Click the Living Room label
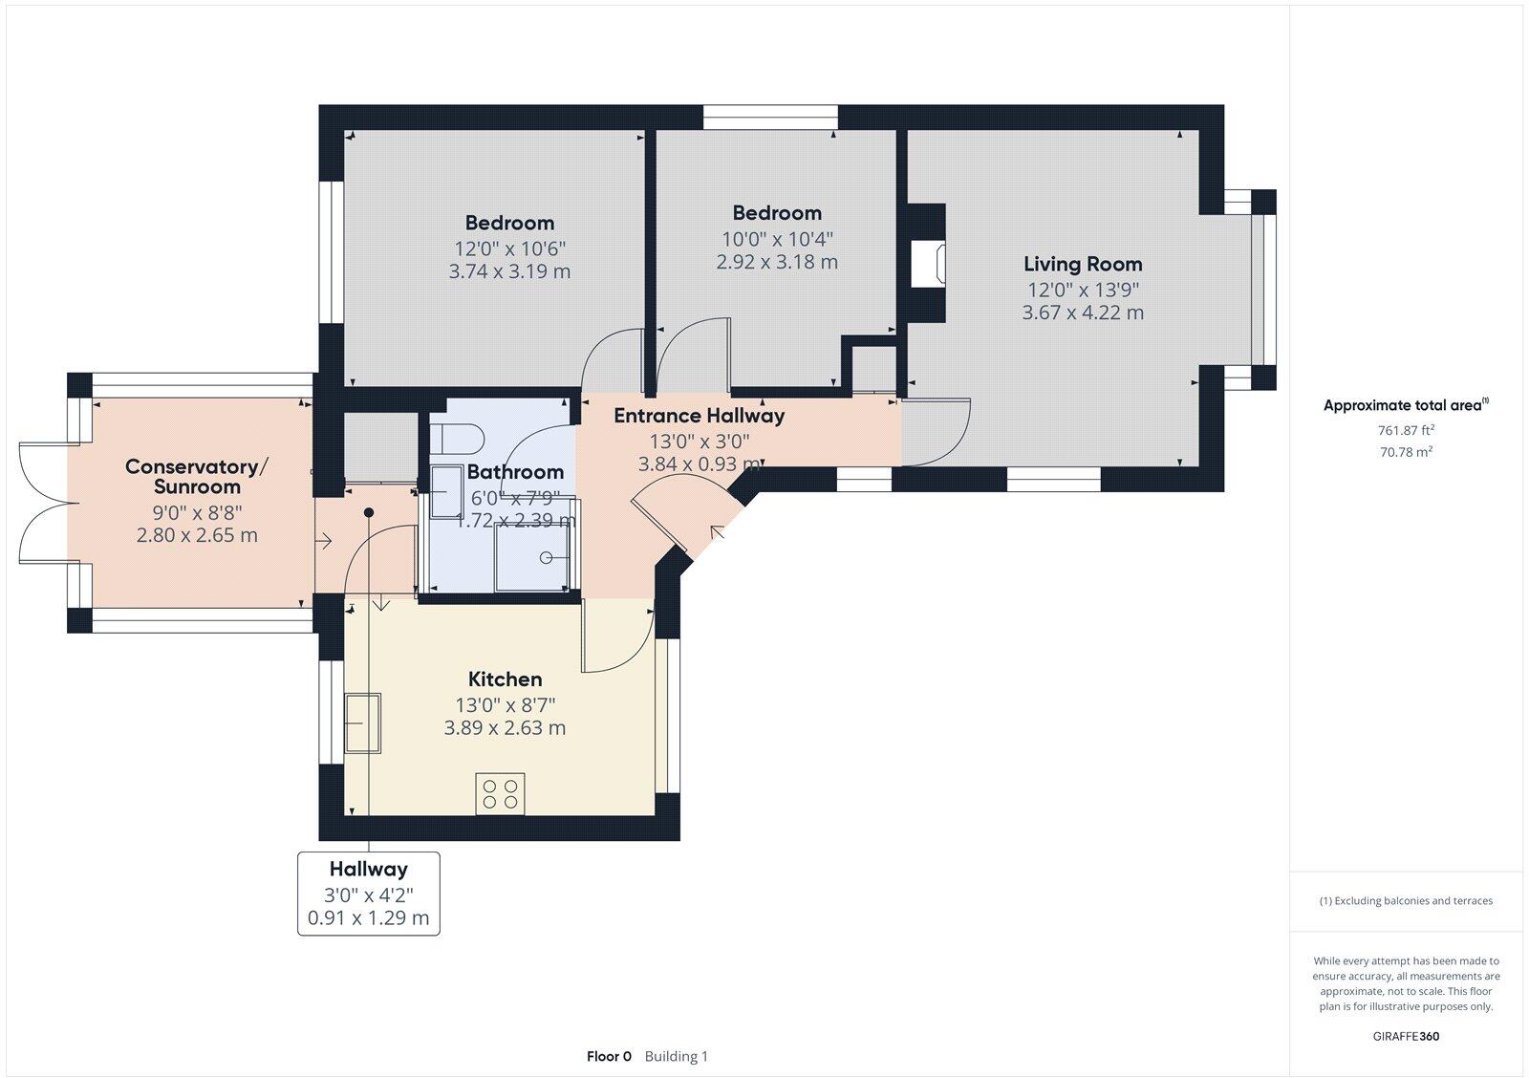pyautogui.click(x=1083, y=264)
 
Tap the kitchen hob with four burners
pyautogui.click(x=500, y=794)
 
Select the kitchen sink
pyautogui.click(x=363, y=722)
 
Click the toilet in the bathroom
pyautogui.click(x=459, y=439)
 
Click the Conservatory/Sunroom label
pyautogui.click(x=197, y=476)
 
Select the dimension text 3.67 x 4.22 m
pyautogui.click(x=1083, y=313)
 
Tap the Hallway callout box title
pyautogui.click(x=368, y=869)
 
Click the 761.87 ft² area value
pyautogui.click(x=1406, y=430)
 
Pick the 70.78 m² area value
pyautogui.click(x=1406, y=452)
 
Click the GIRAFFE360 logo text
pyautogui.click(x=1406, y=1036)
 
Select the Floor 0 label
pyautogui.click(x=609, y=1056)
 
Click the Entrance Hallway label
pyautogui.click(x=699, y=416)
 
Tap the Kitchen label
pyautogui.click(x=505, y=679)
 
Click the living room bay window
pyautogui.click(x=1264, y=290)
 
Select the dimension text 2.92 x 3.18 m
pyautogui.click(x=777, y=262)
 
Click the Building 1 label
pyautogui.click(x=676, y=1056)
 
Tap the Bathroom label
pyautogui.click(x=515, y=472)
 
